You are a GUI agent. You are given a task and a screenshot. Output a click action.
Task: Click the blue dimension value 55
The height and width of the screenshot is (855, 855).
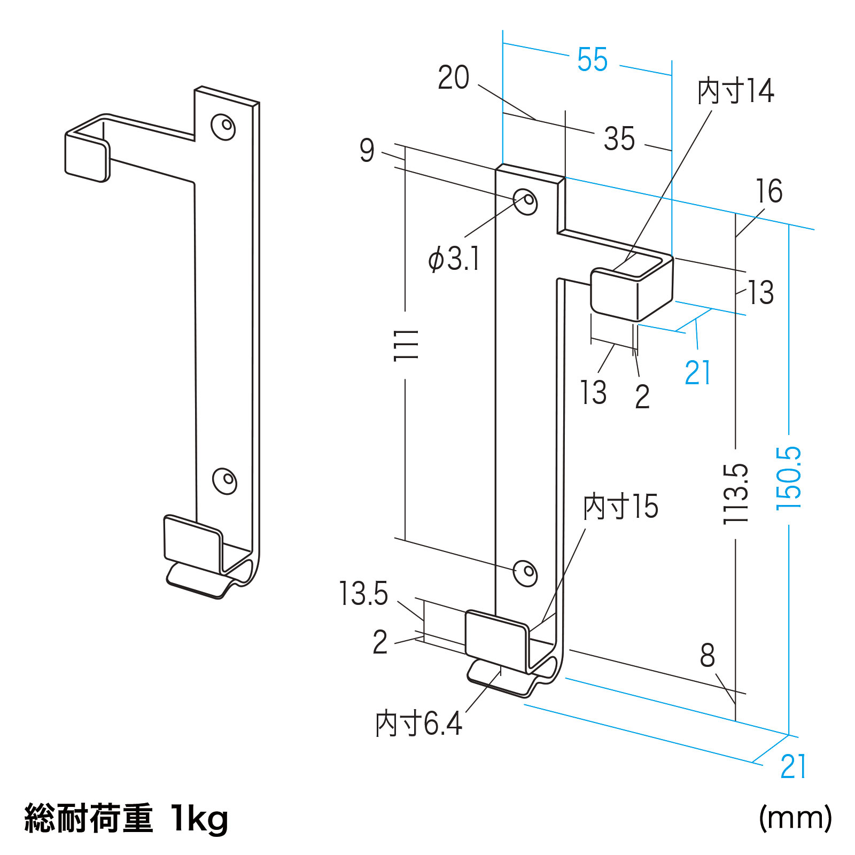click(592, 59)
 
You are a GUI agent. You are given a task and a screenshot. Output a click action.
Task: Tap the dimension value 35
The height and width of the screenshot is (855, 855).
click(619, 139)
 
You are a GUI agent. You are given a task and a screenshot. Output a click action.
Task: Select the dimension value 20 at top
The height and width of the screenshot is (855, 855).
click(453, 78)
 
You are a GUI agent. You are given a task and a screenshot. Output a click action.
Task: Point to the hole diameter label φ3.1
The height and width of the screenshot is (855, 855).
click(454, 259)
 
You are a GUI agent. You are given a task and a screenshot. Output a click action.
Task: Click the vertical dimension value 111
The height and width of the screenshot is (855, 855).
click(406, 345)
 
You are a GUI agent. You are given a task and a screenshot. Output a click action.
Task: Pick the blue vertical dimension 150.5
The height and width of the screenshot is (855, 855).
click(789, 478)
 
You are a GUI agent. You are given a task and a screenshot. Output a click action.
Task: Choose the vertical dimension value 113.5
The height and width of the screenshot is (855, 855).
click(735, 494)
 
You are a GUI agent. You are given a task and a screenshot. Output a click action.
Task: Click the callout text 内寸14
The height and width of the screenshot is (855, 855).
click(735, 91)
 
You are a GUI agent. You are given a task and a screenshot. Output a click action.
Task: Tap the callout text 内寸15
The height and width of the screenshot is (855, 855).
click(620, 507)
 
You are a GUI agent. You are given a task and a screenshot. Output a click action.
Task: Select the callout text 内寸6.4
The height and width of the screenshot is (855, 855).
click(418, 724)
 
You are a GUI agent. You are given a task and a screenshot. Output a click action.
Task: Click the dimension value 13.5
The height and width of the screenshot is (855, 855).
click(363, 594)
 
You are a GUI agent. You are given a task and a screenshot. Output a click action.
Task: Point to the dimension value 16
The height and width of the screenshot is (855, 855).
click(768, 191)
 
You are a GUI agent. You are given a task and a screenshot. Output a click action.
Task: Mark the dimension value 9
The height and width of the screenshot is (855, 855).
click(367, 150)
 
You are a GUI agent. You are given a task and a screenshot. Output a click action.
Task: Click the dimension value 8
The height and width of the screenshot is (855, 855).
click(707, 656)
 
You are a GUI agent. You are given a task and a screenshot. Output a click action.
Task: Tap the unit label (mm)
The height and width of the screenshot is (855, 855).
click(795, 818)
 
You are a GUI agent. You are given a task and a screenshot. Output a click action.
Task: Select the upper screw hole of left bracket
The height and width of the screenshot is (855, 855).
click(223, 127)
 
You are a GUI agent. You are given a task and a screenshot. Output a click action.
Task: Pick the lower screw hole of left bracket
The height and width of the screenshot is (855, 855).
click(224, 480)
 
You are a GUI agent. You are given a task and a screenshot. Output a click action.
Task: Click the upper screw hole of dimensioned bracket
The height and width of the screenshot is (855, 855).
click(525, 201)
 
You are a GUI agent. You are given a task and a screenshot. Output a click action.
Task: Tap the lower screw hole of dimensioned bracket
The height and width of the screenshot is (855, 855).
click(525, 573)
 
